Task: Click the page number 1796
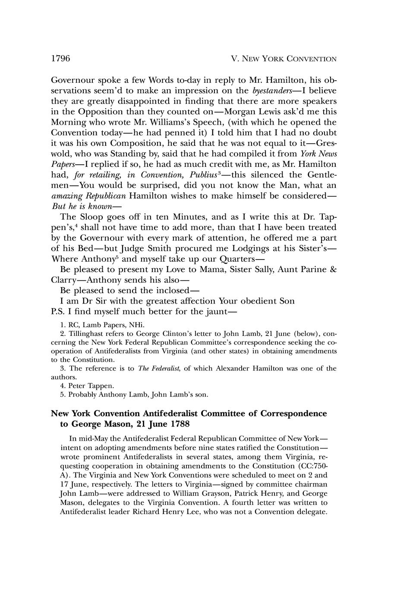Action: click(x=60, y=59)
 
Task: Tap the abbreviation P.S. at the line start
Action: click(x=58, y=311)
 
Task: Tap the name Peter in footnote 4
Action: click(x=76, y=385)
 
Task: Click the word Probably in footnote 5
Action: click(x=82, y=394)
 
